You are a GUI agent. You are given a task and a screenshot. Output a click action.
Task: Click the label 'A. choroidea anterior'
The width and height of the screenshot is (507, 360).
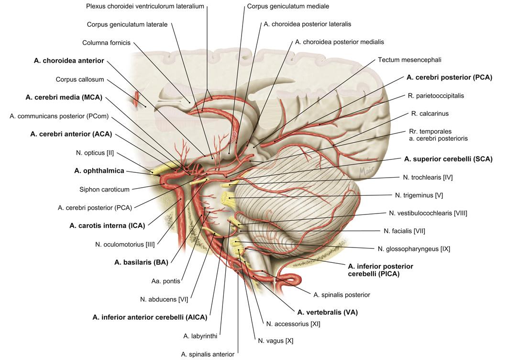[69, 61]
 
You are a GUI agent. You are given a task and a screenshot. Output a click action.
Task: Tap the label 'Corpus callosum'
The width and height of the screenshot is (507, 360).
[80, 79]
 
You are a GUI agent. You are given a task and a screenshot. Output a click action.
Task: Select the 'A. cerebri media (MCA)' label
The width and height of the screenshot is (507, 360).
[64, 97]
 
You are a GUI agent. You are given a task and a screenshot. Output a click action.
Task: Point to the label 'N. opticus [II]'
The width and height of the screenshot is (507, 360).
[95, 153]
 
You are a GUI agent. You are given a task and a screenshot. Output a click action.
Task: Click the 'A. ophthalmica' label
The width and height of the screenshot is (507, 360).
[99, 171]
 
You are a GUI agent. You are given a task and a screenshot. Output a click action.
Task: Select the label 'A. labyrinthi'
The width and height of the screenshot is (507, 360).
[200, 336]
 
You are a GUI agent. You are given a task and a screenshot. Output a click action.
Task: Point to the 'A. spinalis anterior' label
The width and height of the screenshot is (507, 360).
[208, 354]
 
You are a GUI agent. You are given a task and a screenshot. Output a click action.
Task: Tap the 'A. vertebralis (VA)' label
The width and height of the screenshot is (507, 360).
[327, 313]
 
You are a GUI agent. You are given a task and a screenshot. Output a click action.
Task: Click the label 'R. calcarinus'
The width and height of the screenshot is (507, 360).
[430, 114]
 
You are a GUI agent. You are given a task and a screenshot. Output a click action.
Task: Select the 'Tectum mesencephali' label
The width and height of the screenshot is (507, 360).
[409, 60]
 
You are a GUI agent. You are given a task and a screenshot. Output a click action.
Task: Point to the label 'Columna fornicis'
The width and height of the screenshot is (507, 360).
[106, 43]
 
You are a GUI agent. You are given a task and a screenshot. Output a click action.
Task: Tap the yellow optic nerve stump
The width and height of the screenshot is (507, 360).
[158, 168]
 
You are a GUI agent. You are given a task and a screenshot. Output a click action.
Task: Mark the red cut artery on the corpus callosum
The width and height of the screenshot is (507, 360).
[138, 100]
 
